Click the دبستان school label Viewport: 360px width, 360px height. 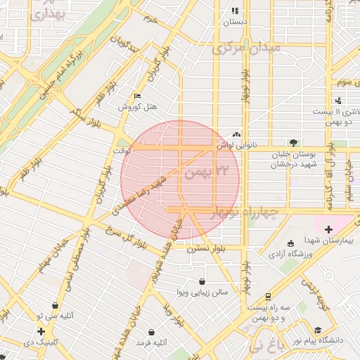[235, 22]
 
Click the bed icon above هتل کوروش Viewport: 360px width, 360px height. [137, 96]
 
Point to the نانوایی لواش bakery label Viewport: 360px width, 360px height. [234, 144]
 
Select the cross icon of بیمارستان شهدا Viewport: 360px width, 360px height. [328, 229]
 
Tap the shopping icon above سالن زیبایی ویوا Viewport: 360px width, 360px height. [202, 281]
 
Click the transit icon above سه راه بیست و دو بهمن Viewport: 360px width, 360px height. [267, 297]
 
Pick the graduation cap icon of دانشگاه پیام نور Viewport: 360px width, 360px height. [318, 330]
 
